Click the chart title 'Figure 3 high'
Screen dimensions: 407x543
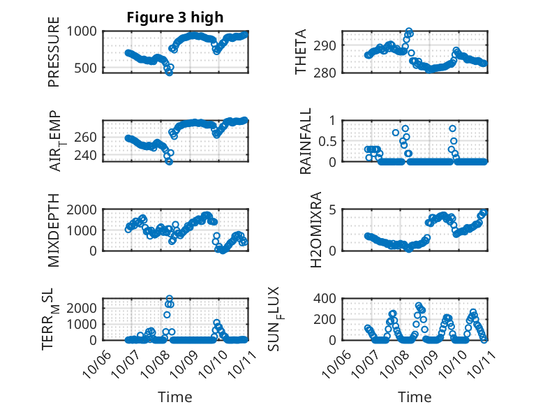point(174,17)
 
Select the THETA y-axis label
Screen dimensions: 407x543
point(301,52)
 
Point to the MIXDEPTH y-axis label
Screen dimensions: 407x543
point(54,231)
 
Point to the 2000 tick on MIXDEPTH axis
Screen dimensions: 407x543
point(84,209)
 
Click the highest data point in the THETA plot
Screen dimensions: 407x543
point(409,31)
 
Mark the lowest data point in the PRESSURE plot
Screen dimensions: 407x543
point(169,72)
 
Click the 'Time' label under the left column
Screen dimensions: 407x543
point(175,397)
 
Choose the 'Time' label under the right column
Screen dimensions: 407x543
point(415,397)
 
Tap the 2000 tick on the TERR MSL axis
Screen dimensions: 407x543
point(84,307)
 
